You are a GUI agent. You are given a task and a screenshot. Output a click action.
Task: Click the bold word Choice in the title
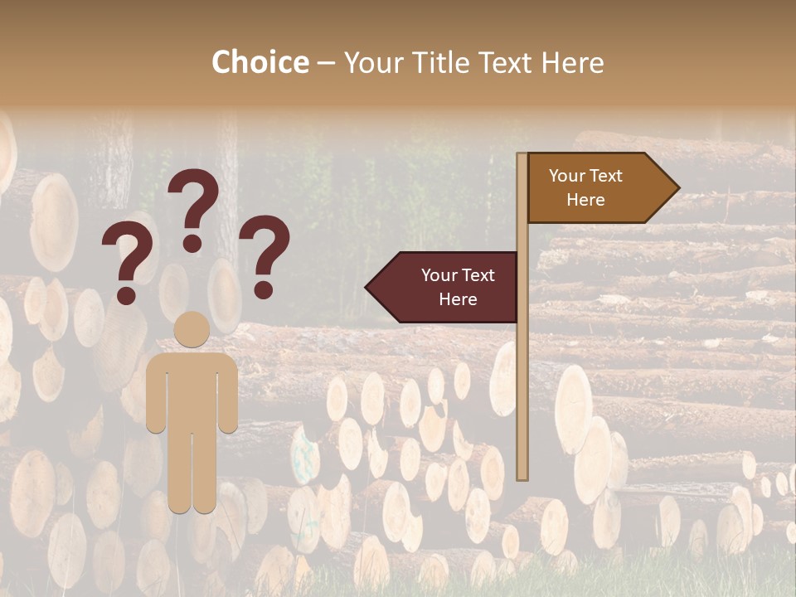tap(260, 62)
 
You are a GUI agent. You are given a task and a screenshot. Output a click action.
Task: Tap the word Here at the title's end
tap(572, 62)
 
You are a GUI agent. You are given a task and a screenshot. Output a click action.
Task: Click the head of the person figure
tap(192, 330)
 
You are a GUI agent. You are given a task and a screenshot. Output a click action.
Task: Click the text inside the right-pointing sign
tap(585, 187)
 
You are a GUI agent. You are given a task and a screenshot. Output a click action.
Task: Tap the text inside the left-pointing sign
tap(458, 287)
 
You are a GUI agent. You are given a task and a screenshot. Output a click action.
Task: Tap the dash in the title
tap(326, 64)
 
